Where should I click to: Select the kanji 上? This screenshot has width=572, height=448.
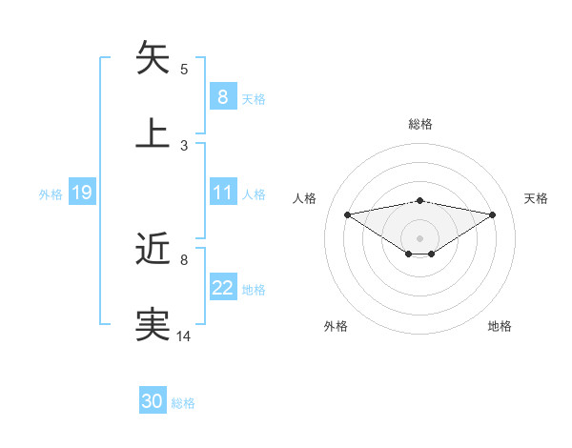[153, 132]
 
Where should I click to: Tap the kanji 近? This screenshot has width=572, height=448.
[153, 250]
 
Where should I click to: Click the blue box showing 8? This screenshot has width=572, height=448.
[222, 97]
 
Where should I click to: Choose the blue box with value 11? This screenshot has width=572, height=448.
[222, 193]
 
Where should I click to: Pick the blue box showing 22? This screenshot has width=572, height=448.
[222, 289]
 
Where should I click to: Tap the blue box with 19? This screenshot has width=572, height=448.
[82, 193]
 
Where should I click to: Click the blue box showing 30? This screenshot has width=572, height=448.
[153, 402]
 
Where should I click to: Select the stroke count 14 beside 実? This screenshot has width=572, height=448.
[184, 336]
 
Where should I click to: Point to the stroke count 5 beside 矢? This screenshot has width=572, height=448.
[184, 69]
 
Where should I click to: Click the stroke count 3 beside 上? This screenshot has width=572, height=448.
[184, 145]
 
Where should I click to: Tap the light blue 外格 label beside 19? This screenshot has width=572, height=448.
[51, 194]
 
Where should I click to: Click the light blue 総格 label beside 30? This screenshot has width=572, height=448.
[184, 403]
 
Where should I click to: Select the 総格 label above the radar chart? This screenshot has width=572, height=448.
[419, 124]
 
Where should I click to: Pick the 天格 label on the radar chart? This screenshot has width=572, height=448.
[536, 198]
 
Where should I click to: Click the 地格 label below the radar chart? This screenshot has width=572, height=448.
[500, 326]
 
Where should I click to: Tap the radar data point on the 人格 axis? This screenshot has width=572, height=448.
[347, 214]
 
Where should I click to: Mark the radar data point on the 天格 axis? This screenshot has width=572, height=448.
[493, 214]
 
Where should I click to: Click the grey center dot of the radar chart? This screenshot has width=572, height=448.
[419, 237]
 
